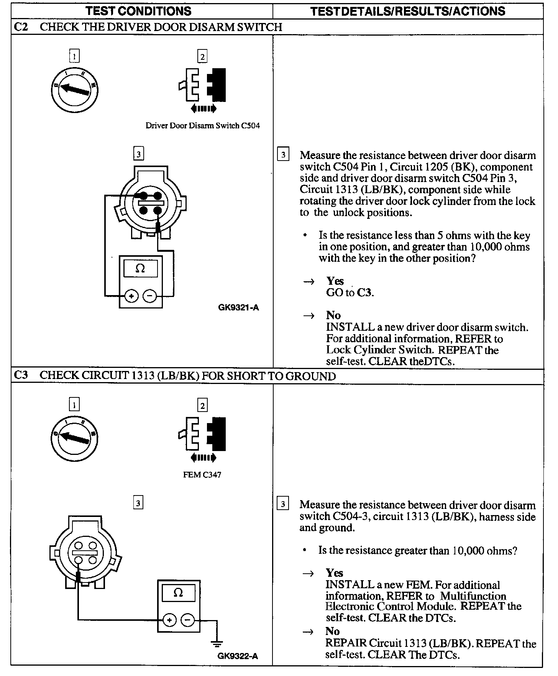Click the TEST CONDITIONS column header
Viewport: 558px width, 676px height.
138,11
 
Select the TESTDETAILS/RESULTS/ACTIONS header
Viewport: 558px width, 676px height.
408,11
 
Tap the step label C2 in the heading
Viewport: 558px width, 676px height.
21,27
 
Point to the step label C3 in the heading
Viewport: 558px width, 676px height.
21,375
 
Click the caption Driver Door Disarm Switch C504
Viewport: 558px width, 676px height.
202,126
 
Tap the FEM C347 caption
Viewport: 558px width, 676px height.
202,475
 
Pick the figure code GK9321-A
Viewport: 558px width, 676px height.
238,307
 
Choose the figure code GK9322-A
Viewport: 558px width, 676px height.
238,656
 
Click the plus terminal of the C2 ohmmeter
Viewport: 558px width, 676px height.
131,296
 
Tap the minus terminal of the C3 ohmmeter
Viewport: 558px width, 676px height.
187,620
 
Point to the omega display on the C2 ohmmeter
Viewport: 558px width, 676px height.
140,269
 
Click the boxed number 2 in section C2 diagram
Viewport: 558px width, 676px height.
202,57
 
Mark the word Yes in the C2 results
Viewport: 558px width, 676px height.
335,281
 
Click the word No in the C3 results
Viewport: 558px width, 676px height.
332,631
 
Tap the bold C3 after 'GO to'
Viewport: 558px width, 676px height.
364,293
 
